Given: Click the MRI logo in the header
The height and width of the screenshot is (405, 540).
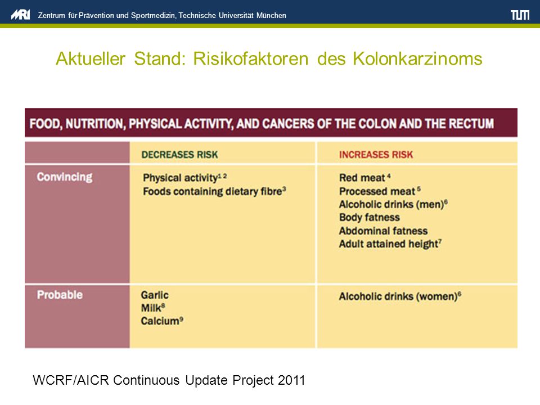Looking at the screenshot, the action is point(20,15).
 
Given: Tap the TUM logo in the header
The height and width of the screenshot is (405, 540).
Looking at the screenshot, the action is point(520,15).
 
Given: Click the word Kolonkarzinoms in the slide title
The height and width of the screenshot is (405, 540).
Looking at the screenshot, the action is point(417,58).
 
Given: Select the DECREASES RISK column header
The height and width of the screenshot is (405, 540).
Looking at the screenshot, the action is point(180,155).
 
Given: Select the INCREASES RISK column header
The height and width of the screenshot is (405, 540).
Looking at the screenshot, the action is point(376,155).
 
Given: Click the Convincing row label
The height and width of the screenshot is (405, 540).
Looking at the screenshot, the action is point(64,177).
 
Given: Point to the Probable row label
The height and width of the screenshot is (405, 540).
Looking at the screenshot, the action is point(60,295).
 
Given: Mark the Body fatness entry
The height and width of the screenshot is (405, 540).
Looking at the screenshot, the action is point(370,218).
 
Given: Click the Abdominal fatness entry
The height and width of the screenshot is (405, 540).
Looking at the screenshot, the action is point(383,231).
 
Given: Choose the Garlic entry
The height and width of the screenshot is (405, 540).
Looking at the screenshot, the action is point(155,295).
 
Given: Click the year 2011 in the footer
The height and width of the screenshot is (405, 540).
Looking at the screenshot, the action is point(291,380).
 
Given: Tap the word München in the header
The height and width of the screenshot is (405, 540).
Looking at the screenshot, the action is point(271,16).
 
